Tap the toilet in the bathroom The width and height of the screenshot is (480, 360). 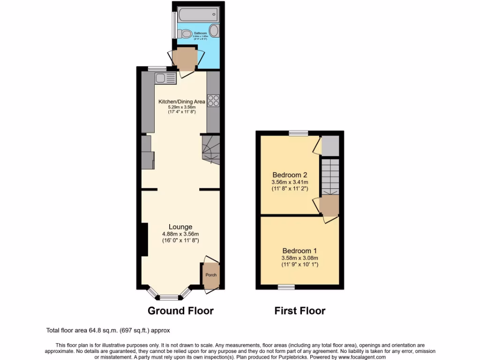[185, 33]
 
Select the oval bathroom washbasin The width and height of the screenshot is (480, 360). [213, 31]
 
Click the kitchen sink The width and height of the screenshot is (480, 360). [165, 78]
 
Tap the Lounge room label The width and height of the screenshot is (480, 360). [180, 227]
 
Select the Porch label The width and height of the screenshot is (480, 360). [211, 275]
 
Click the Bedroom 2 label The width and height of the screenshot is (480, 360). [289, 175]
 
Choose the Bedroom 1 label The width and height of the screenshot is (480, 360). [299, 251]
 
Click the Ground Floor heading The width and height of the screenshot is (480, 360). [180, 311]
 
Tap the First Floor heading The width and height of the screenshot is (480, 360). [300, 311]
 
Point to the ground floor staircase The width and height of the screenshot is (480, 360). [210, 149]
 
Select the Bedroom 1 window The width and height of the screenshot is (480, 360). [286, 286]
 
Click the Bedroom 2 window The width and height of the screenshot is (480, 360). [299, 133]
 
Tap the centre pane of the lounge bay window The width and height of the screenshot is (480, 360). [169, 297]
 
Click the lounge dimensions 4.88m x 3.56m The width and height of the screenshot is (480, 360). [180, 234]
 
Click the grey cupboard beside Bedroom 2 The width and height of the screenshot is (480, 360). [330, 146]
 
